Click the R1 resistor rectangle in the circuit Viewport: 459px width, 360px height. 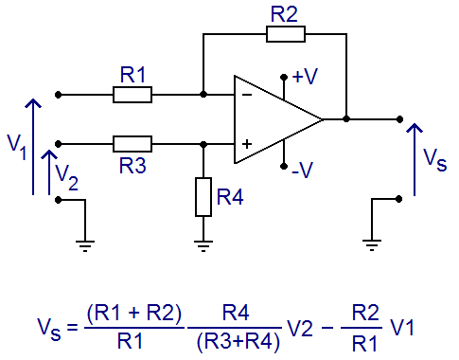(x=132, y=95)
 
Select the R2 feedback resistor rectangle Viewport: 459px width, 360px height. (x=286, y=34)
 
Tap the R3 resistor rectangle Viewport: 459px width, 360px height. (x=132, y=144)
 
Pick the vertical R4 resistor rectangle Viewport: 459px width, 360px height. (x=203, y=197)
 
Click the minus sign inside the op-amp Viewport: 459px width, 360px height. (x=247, y=95)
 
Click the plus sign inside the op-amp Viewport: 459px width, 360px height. (x=247, y=144)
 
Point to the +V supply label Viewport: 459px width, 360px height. (x=305, y=76)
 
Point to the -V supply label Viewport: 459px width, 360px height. (x=302, y=170)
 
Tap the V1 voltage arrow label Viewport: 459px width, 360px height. (x=17, y=147)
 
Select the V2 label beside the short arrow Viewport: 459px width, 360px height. (x=66, y=177)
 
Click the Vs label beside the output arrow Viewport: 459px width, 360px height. (x=434, y=159)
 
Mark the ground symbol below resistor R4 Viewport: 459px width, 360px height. (x=203, y=246)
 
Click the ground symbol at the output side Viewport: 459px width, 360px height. (x=372, y=245)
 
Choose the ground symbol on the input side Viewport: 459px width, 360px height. (x=85, y=246)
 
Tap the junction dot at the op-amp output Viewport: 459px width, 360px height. (x=346, y=119)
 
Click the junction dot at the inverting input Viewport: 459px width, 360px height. (x=203, y=95)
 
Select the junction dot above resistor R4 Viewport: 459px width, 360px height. (x=203, y=144)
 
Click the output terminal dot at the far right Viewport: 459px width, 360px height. (x=399, y=119)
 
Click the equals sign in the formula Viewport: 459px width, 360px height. (x=72, y=327)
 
